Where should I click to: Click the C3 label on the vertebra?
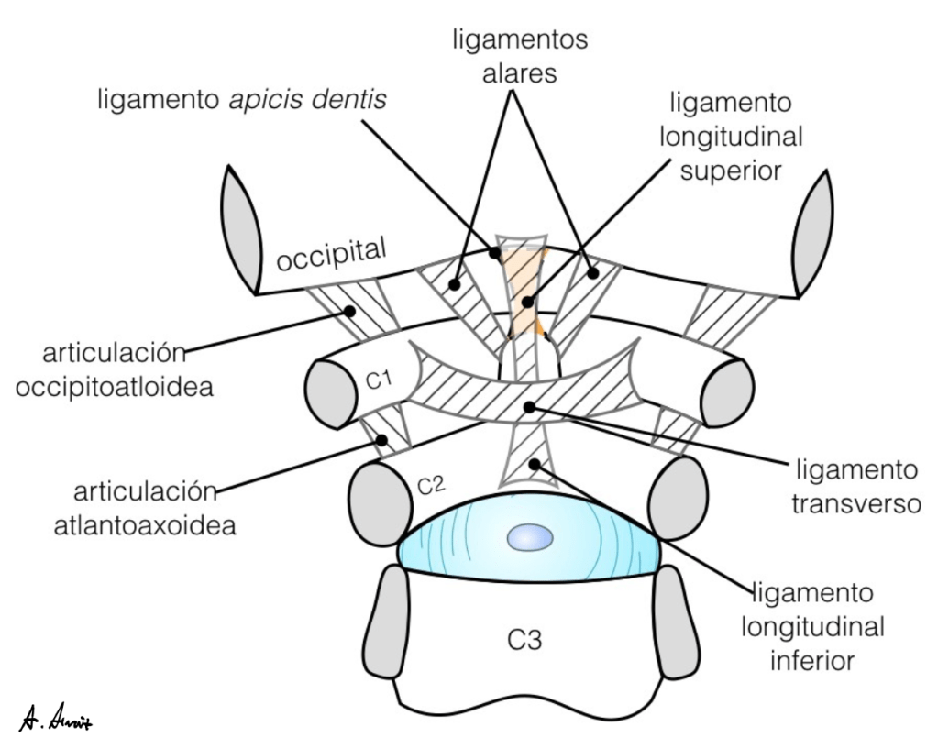525,639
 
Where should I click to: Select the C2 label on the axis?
429,484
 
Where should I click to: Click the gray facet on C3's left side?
393,622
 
